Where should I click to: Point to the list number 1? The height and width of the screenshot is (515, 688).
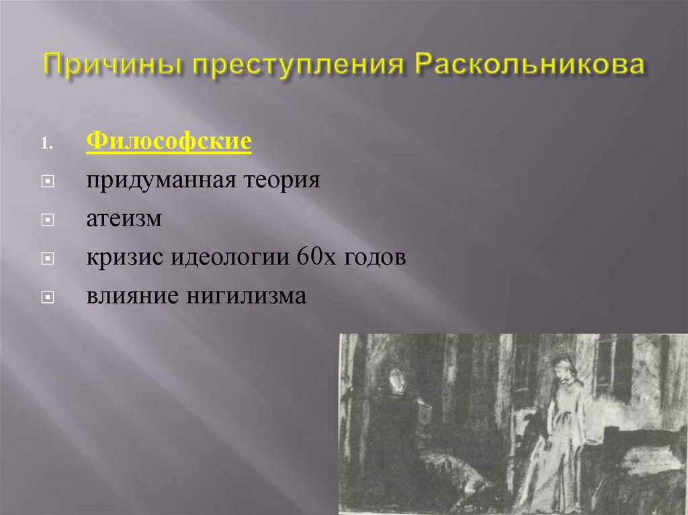(x=46, y=144)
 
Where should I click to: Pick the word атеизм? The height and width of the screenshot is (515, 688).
(x=124, y=220)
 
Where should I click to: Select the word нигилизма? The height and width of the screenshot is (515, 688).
(x=245, y=296)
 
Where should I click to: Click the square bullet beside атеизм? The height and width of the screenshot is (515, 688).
(x=46, y=220)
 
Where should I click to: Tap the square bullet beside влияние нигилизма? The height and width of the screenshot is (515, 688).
(x=46, y=297)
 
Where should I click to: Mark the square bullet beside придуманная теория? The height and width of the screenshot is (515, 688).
(x=46, y=182)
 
